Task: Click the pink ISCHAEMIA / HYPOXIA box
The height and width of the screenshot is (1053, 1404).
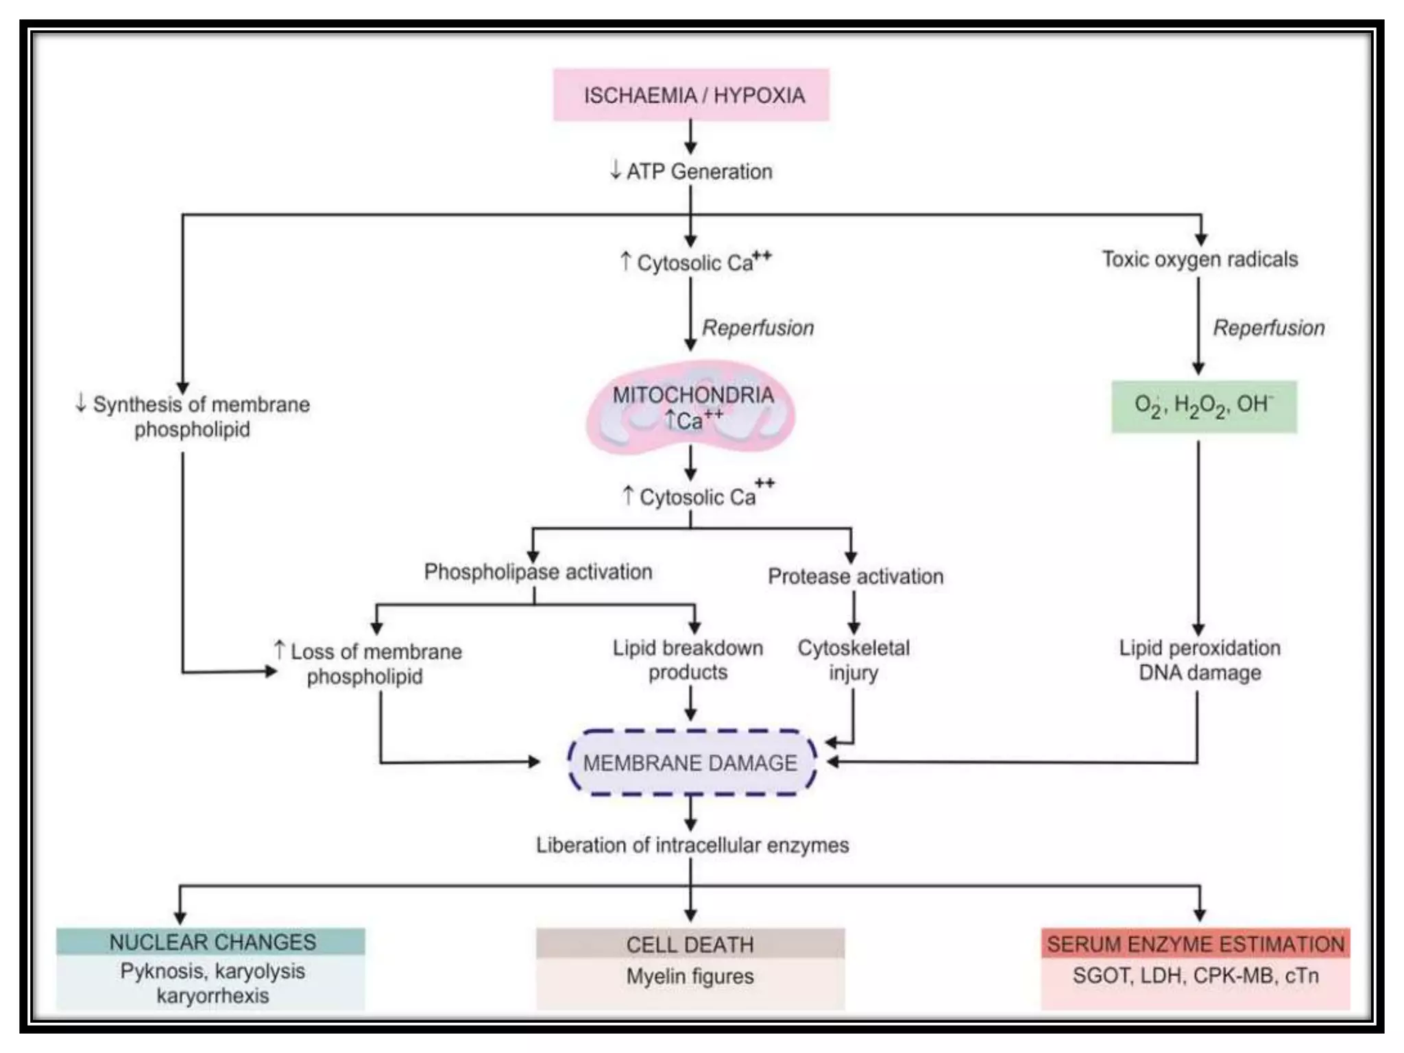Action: click(691, 95)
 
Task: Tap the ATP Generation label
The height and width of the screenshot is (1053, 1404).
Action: click(692, 171)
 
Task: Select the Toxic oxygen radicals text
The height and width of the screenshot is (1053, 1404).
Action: click(1200, 259)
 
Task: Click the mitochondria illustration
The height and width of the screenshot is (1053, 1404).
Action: click(691, 408)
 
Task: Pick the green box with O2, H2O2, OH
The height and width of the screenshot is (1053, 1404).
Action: click(1204, 407)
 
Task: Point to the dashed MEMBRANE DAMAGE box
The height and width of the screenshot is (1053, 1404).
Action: click(691, 762)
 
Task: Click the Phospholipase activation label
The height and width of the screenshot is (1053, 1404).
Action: click(538, 572)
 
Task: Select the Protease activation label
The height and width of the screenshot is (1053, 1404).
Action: click(856, 577)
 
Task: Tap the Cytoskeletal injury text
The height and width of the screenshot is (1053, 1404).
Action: click(854, 659)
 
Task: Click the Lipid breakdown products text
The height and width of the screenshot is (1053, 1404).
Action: click(688, 659)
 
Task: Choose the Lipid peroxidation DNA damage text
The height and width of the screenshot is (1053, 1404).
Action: click(1200, 659)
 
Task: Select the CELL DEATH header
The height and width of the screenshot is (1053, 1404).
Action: click(690, 945)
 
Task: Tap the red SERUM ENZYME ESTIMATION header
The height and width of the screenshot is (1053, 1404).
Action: click(1196, 944)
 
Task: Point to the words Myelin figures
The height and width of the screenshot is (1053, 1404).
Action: click(690, 976)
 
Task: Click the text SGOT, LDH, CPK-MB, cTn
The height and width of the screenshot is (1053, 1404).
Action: click(1196, 976)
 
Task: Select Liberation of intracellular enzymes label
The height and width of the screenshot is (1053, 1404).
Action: click(692, 845)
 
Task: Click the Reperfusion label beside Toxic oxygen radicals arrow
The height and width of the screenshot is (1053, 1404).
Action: click(1269, 328)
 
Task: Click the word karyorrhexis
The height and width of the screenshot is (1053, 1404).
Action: click(213, 995)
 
